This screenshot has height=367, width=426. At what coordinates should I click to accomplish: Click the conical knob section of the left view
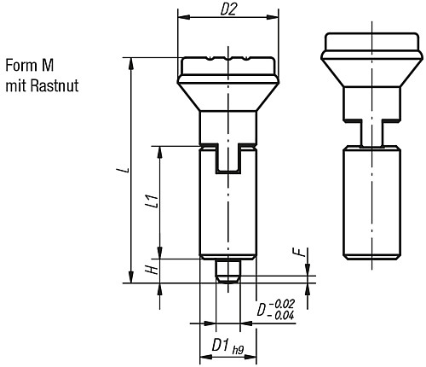(x=227, y=94)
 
